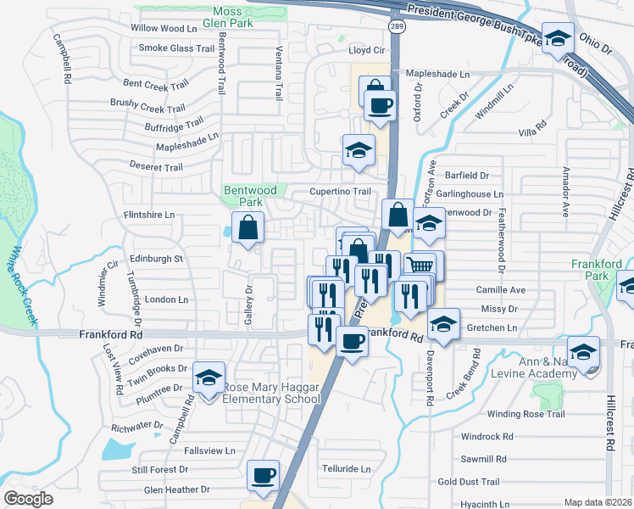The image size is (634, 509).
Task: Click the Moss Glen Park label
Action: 233,17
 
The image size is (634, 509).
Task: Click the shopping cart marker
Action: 420,266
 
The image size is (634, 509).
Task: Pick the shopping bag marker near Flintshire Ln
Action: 247,227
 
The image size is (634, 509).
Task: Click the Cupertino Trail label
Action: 340,192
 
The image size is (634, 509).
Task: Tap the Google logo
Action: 28,499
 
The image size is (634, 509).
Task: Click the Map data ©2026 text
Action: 598,502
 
